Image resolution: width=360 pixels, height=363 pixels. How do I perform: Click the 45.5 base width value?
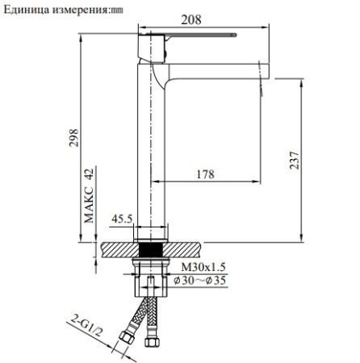coord(122,219)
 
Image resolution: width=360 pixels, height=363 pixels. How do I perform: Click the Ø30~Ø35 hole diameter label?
coord(201,281)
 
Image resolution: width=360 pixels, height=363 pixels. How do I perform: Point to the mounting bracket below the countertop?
coord(151,279)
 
